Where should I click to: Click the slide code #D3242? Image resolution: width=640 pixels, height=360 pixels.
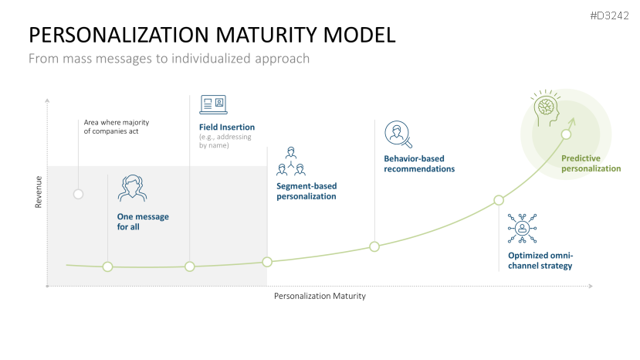[609, 15]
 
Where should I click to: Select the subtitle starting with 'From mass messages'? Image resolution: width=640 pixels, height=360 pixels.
[169, 58]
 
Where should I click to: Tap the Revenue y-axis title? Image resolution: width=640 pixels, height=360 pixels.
[38, 192]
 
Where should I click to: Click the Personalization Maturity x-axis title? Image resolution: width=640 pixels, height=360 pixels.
[320, 296]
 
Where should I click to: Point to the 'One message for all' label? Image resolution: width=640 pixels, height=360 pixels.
[143, 222]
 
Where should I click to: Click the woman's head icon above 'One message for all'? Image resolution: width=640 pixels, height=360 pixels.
[132, 188]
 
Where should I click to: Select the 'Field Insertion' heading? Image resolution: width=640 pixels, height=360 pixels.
[227, 127]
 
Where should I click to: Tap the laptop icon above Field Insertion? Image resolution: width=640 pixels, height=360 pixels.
[213, 104]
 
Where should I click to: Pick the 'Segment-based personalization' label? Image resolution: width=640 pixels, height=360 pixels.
[306, 191]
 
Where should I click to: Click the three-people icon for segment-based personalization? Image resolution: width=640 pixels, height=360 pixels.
[291, 160]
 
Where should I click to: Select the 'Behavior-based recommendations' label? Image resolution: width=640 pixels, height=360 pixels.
[419, 163]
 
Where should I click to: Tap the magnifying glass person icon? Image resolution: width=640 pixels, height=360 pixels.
[398, 134]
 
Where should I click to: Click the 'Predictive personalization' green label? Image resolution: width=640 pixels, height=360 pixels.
[591, 163]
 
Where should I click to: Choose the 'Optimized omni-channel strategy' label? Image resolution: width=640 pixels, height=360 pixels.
[540, 260]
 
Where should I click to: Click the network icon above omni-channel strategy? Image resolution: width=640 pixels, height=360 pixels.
[523, 228]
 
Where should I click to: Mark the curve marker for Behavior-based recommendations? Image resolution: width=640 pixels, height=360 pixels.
[374, 246]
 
